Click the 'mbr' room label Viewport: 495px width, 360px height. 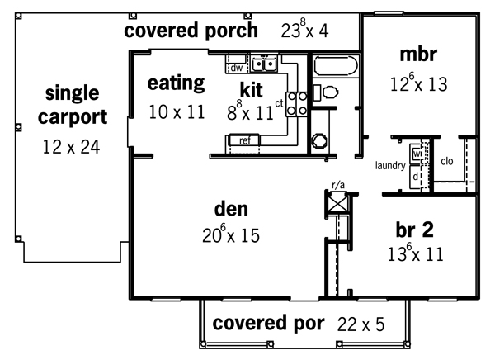418,54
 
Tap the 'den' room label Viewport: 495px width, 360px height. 231,209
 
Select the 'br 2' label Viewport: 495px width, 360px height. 414,230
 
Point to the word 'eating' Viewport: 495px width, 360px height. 177,83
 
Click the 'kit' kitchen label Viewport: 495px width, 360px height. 252,90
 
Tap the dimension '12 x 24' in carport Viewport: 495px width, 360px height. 71,147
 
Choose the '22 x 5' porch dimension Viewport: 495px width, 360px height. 361,324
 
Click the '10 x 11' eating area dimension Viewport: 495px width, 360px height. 177,112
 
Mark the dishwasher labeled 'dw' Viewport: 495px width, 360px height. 235,68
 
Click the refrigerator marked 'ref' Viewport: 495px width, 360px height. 245,140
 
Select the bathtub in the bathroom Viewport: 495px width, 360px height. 336,66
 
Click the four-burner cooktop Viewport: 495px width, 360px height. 297,103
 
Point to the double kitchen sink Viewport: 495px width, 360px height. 264,64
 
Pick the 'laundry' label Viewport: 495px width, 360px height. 390,166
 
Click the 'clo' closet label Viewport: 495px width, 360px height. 447,161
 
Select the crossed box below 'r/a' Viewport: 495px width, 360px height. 337,202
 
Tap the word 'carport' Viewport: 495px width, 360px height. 73,117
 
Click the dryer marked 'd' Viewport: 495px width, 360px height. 416,176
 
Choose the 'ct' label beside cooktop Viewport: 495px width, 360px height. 279,103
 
